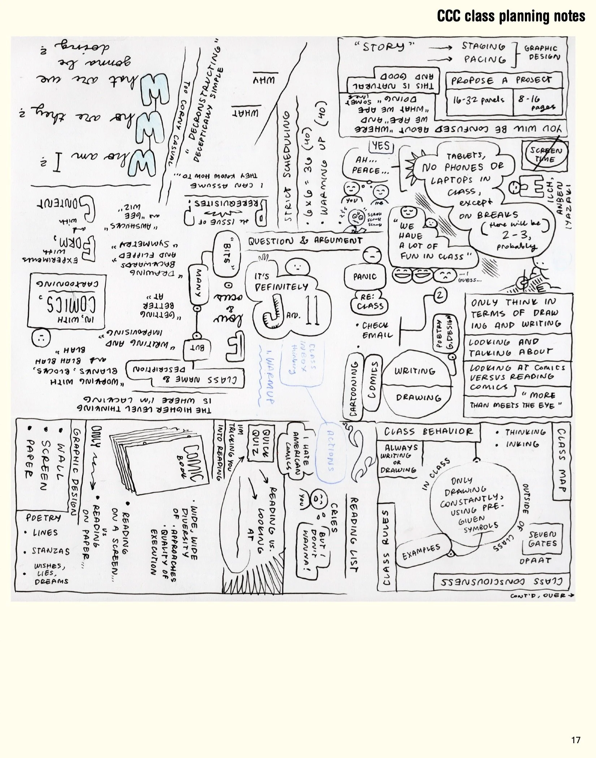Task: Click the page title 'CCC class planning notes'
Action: click(x=511, y=16)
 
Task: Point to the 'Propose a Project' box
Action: click(x=504, y=81)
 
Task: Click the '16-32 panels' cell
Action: click(x=479, y=100)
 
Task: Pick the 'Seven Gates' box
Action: click(x=542, y=539)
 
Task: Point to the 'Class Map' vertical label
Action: click(x=561, y=460)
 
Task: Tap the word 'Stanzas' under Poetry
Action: click(x=50, y=552)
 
